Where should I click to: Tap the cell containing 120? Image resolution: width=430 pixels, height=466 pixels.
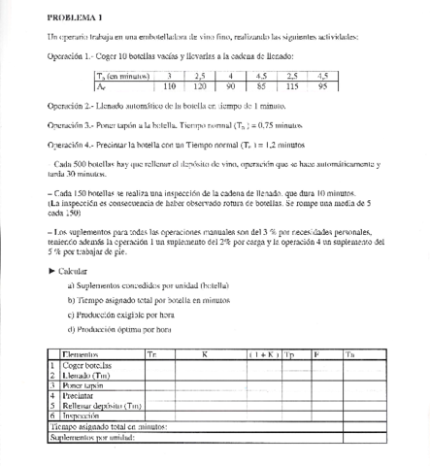[199, 85]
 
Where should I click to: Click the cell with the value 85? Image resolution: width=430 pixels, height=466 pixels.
[261, 85]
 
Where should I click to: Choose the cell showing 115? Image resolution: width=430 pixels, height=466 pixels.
[292, 85]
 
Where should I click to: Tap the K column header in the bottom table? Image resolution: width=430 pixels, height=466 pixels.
[205, 355]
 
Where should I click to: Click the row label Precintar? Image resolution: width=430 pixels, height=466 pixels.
[78, 394]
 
